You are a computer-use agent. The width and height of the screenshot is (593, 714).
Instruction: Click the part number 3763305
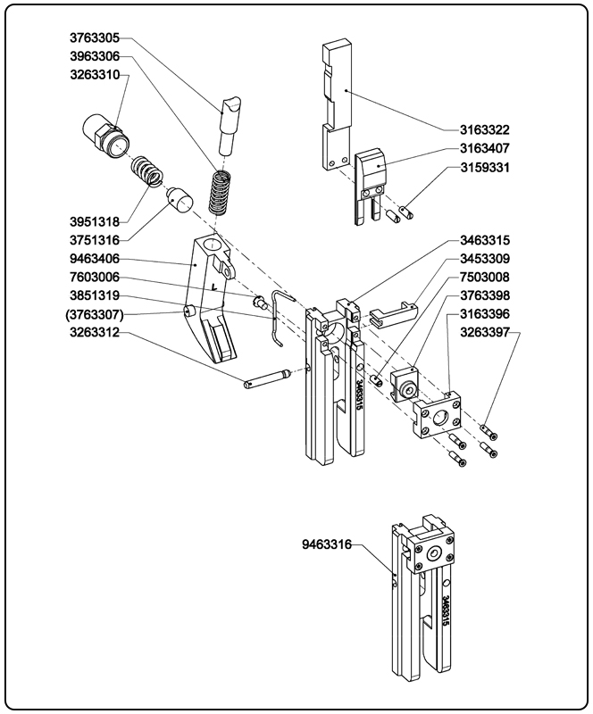click(94, 38)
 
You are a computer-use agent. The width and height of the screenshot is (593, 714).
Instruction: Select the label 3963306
click(94, 56)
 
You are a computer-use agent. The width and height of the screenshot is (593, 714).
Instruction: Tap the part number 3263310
click(94, 74)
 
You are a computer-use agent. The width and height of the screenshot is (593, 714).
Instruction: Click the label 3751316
click(94, 240)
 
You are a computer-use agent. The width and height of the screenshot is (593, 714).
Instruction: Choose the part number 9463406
click(94, 260)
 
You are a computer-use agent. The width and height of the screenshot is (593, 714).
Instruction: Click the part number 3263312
click(94, 334)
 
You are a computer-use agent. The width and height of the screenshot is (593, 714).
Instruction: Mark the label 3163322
click(485, 130)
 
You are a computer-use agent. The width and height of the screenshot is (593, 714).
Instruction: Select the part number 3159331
click(485, 167)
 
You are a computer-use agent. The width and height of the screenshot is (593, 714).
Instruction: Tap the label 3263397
click(485, 332)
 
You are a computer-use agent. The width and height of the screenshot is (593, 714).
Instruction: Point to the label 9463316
click(327, 543)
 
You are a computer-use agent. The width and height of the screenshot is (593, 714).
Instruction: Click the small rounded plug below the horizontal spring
click(180, 198)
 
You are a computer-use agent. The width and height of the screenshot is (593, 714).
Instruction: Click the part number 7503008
click(485, 277)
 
